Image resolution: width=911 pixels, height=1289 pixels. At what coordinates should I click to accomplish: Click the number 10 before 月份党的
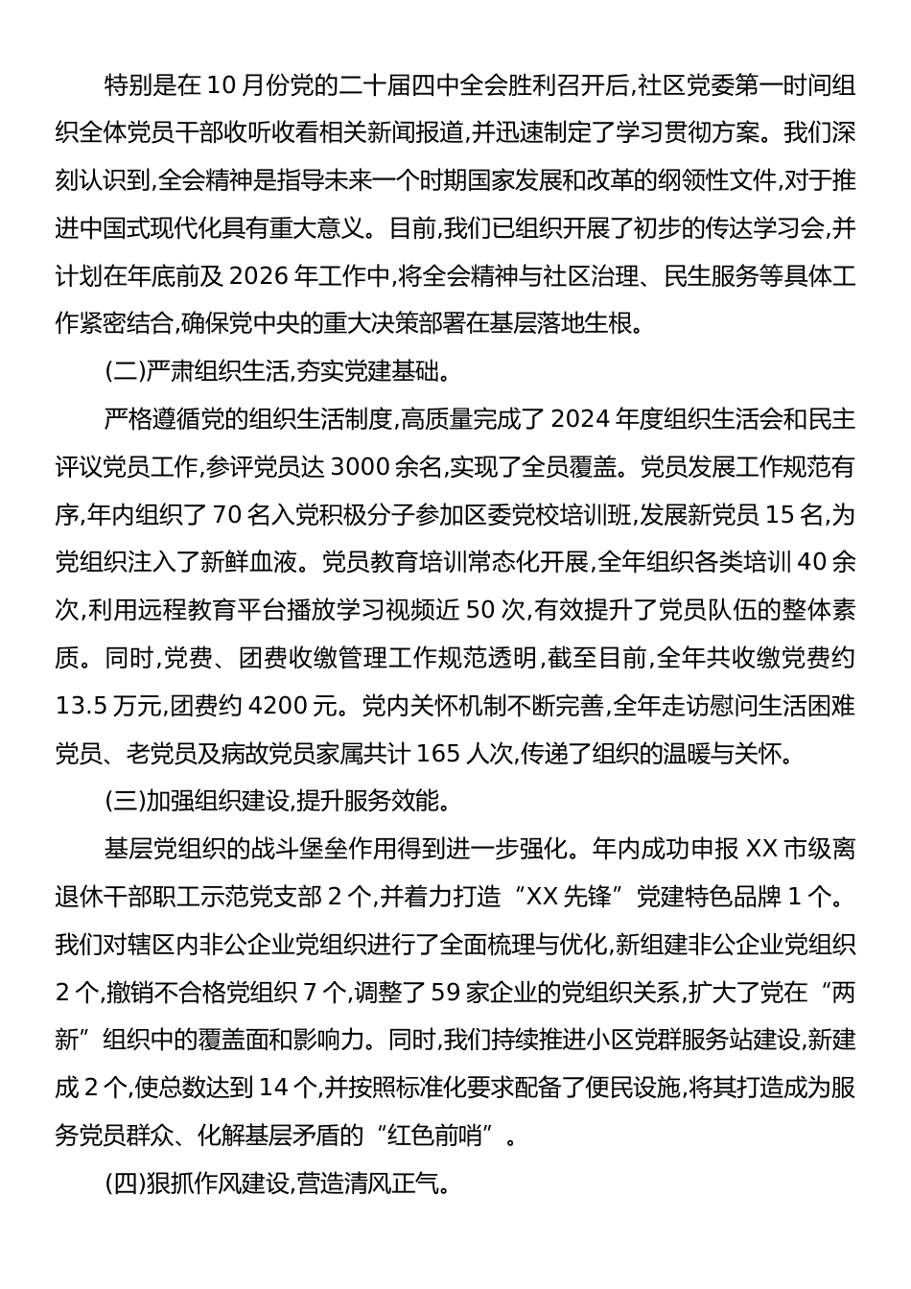point(219,86)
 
